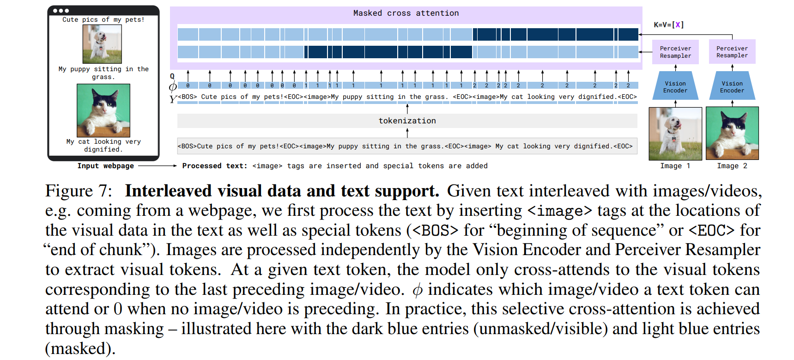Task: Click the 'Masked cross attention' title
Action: click(x=406, y=13)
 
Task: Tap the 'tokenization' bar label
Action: click(x=407, y=121)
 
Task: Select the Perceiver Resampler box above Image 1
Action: click(x=675, y=52)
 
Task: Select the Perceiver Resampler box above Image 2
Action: click(x=732, y=52)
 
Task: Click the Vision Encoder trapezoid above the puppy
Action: click(x=675, y=86)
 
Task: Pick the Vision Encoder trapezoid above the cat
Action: click(x=732, y=86)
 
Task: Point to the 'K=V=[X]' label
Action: click(x=668, y=25)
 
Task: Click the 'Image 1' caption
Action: click(x=675, y=166)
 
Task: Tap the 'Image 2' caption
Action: click(x=732, y=166)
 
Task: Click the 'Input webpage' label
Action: click(x=105, y=166)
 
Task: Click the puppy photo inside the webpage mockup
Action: click(x=102, y=44)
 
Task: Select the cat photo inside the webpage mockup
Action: click(x=103, y=110)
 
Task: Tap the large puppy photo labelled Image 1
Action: click(x=675, y=134)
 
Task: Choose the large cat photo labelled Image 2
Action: click(x=732, y=134)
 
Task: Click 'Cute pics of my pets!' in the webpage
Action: click(x=103, y=19)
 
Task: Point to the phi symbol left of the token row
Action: click(x=173, y=86)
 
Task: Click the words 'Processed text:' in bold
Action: click(x=215, y=166)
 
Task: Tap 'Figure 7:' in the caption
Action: click(x=79, y=191)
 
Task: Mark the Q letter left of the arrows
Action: click(x=172, y=76)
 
